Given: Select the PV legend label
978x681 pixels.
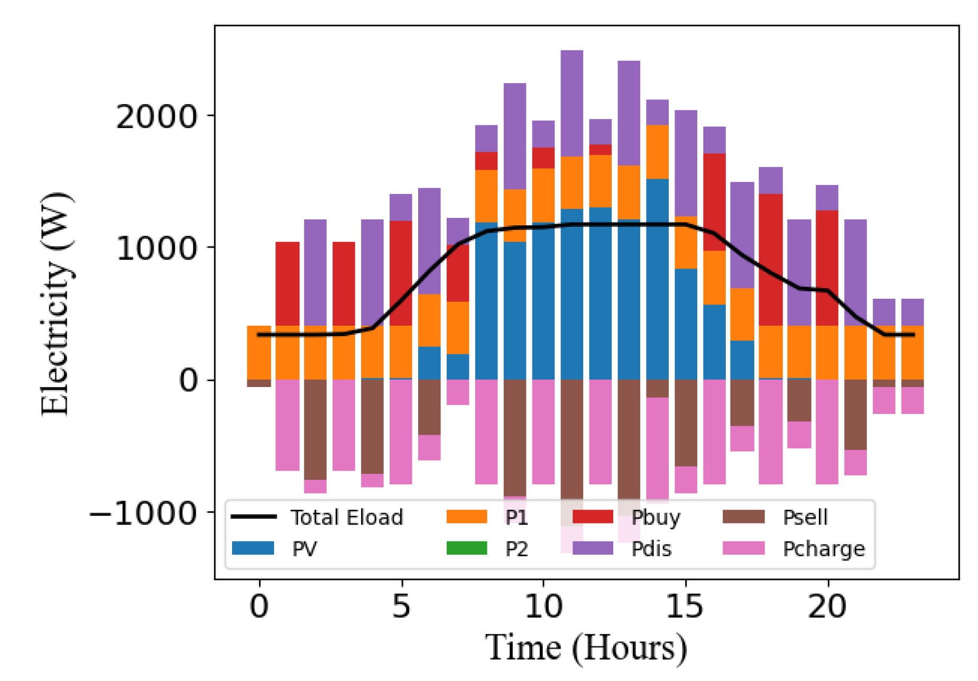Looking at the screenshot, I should click(305, 549).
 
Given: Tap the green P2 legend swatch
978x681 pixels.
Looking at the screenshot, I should click(466, 548).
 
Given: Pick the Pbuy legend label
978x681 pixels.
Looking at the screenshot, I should click(656, 517).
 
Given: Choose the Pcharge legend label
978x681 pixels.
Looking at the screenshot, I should click(823, 549).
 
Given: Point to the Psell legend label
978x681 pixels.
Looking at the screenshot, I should click(805, 517).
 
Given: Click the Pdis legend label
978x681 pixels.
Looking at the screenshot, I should click(651, 549).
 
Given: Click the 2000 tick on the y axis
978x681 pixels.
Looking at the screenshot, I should click(156, 116).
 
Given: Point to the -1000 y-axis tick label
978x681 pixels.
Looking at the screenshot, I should click(143, 513).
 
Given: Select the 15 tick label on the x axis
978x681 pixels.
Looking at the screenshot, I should click(685, 606).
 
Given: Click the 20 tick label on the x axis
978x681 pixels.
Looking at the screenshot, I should click(827, 606).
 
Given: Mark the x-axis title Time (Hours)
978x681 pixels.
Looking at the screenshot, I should click(586, 647).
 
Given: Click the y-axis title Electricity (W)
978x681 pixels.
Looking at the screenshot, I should click(55, 304).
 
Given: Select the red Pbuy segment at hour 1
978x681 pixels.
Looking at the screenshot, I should click(287, 283).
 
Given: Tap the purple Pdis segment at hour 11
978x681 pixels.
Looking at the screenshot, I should click(571, 103).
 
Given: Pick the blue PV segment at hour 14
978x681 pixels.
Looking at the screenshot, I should click(657, 279).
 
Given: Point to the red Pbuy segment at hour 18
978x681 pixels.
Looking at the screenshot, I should click(770, 260).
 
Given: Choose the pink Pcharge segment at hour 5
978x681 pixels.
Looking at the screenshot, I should click(401, 431).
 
